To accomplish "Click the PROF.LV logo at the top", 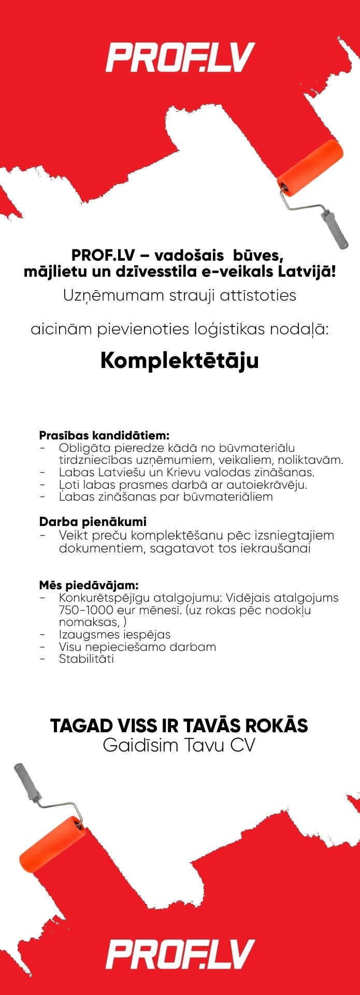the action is point(180,58).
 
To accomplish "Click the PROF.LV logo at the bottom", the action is point(180,954).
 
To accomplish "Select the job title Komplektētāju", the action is point(179,361).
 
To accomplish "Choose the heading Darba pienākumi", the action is point(93,522).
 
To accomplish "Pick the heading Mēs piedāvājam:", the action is point(89,585).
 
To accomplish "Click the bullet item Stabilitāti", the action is point(86,659).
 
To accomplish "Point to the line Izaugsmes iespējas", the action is point(114,634).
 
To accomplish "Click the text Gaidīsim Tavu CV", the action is point(179,745).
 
